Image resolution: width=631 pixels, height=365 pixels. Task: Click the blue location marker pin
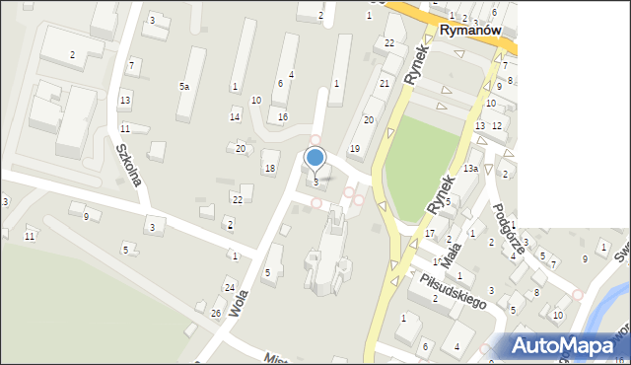click(315, 158)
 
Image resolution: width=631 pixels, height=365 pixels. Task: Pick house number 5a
click(183, 87)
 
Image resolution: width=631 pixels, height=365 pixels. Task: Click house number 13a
click(470, 169)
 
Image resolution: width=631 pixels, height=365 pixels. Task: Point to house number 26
click(216, 313)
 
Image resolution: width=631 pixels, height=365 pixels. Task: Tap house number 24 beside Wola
click(230, 288)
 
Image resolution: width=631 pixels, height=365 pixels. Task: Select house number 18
click(270, 169)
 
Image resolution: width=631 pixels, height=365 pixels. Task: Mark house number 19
click(354, 148)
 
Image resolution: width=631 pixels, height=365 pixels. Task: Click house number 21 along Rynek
click(385, 84)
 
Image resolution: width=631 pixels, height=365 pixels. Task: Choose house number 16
click(283, 117)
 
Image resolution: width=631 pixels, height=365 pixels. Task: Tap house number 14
click(235, 117)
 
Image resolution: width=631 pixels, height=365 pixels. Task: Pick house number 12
click(497, 125)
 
